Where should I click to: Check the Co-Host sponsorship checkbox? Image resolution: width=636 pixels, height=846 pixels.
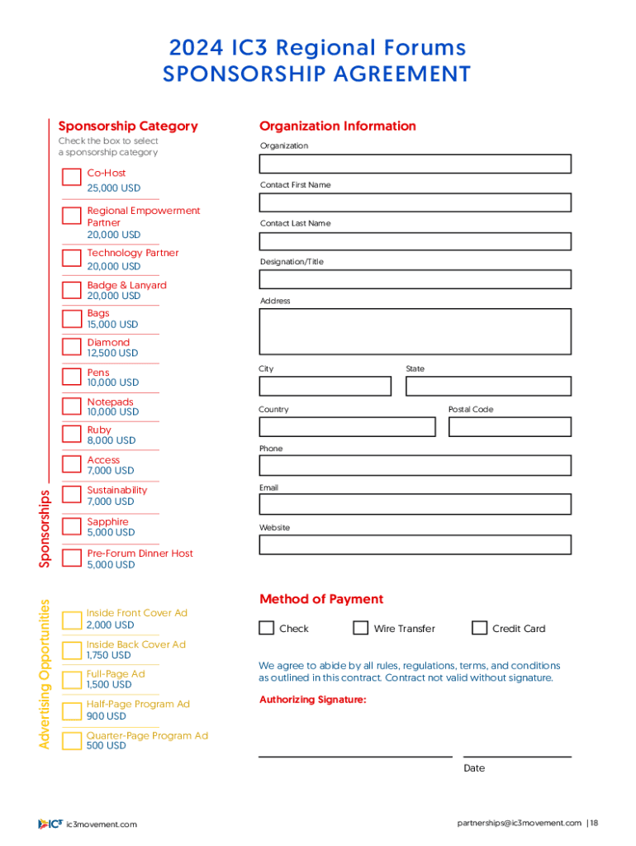click(71, 178)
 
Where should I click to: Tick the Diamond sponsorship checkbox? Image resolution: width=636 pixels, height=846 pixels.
click(71, 348)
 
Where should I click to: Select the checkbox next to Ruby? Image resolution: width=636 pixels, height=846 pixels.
click(71, 435)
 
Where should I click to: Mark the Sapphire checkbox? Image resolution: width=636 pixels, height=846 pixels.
click(71, 527)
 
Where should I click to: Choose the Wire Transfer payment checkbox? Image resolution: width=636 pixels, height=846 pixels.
click(360, 628)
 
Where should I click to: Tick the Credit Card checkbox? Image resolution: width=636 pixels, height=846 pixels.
click(479, 628)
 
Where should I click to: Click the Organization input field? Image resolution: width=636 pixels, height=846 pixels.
click(415, 164)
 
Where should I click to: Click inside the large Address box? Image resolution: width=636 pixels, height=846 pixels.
click(415, 331)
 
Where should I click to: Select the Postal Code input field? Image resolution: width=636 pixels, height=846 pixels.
click(510, 426)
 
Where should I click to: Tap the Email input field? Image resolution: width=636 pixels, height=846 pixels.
click(415, 504)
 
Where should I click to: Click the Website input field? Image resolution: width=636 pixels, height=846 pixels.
click(415, 544)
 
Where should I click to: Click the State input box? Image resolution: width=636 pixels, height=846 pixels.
click(488, 386)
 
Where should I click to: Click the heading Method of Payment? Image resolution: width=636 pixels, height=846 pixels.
click(321, 599)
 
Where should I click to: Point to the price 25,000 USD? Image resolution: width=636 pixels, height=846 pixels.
click(114, 188)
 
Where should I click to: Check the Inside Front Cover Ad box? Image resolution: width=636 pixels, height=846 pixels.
click(71, 619)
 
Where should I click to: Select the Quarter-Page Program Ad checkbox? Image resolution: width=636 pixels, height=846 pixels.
click(71, 740)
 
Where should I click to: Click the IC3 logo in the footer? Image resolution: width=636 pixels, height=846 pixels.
click(50, 824)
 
